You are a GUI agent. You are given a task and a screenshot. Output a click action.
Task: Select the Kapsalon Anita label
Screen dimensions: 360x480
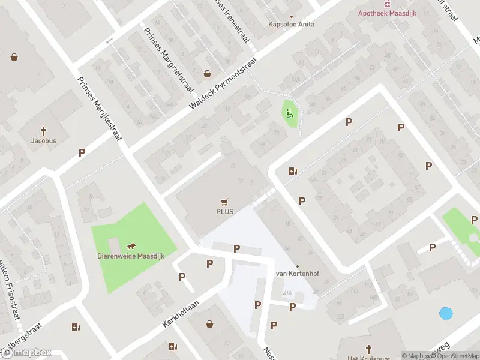tap(291, 25)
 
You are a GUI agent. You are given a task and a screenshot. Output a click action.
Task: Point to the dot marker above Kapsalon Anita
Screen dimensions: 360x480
tap(292, 17)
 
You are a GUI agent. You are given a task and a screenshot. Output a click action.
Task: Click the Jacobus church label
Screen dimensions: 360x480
tap(44, 141)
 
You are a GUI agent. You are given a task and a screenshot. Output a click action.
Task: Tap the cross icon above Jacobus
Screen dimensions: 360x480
tap(44, 130)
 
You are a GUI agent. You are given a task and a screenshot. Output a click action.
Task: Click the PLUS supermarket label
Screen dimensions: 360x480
tap(225, 211)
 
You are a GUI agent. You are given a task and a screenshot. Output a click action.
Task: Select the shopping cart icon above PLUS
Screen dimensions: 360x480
tap(225, 202)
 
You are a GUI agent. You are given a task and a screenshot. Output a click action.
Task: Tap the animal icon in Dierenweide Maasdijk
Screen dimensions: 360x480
tap(130, 246)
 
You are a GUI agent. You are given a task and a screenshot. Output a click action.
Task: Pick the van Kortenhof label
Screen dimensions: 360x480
tap(296, 274)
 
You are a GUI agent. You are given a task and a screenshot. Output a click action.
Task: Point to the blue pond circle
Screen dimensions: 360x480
tap(446, 313)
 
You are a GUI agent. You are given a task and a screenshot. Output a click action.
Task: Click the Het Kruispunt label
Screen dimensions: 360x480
tap(361, 358)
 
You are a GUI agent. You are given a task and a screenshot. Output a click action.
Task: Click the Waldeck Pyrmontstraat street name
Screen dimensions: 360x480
tap(223, 83)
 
